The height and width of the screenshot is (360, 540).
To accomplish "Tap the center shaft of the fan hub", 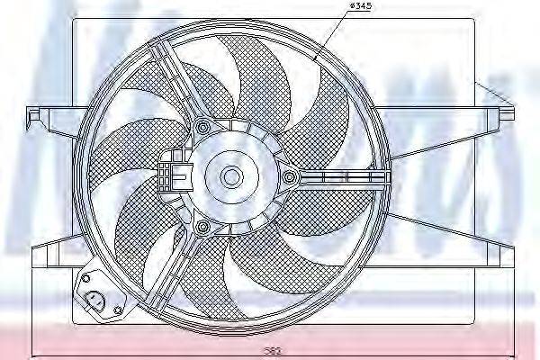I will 232,175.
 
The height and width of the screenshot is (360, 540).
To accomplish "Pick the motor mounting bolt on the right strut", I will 289,176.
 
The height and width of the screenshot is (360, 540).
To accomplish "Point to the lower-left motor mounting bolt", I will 203,225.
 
